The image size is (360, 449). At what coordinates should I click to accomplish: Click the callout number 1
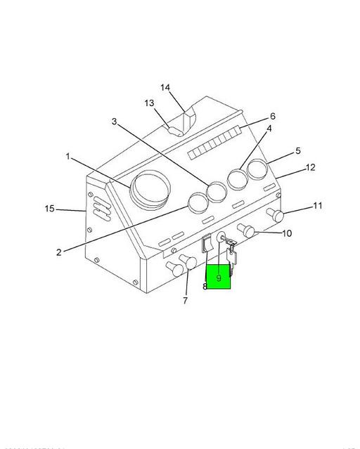(x=68, y=157)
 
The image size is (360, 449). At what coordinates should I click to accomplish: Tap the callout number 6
(x=272, y=117)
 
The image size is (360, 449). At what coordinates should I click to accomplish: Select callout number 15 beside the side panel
(x=49, y=209)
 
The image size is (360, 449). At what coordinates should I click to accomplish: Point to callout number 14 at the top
(x=165, y=88)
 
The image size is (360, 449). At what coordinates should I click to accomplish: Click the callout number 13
(x=150, y=103)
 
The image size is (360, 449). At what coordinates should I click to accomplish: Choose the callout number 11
(x=317, y=206)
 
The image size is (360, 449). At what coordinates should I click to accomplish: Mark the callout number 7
(x=185, y=301)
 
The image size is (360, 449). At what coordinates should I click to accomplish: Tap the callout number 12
(x=310, y=168)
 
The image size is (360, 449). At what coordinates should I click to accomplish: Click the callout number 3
(x=115, y=122)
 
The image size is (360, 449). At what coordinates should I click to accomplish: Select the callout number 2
(x=59, y=252)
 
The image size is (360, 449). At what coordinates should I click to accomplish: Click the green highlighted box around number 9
(x=218, y=277)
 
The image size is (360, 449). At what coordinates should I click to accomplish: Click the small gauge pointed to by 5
(x=258, y=171)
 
